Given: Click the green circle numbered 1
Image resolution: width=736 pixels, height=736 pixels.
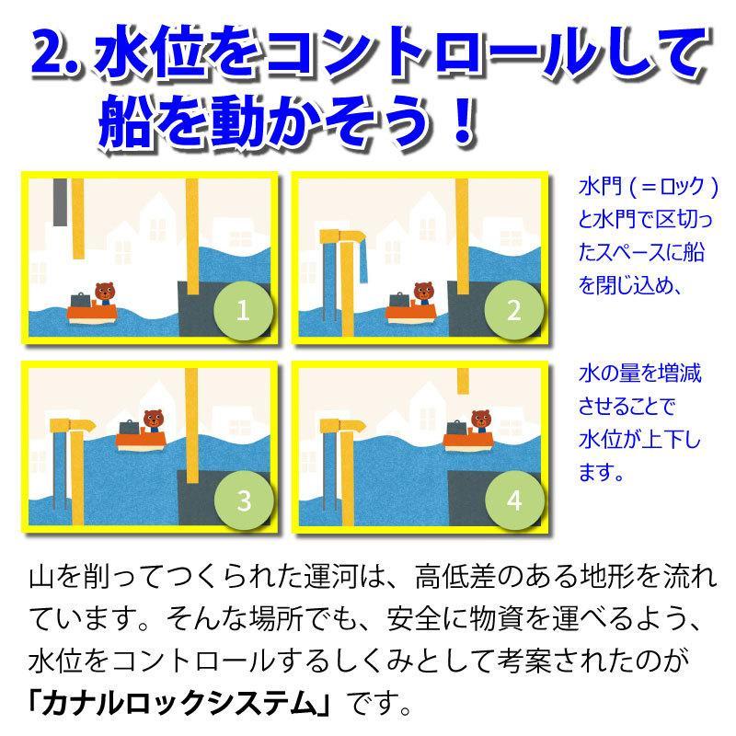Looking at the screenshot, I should click(x=243, y=310).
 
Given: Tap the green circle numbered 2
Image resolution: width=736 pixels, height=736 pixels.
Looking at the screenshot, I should click(x=513, y=310).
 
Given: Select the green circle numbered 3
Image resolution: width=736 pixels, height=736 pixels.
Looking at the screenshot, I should click(x=243, y=500).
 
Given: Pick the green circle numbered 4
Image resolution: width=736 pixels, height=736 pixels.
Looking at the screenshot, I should click(x=513, y=500).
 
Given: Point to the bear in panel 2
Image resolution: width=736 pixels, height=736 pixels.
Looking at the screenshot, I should click(x=423, y=293).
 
